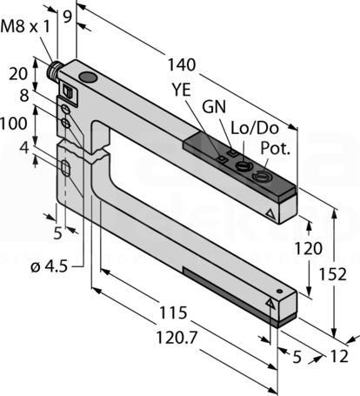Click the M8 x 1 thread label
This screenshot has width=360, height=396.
click(25, 27)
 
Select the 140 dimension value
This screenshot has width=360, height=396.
click(182, 64)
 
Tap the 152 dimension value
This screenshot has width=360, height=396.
click(333, 274)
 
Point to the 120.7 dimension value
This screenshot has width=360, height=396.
click(177, 338)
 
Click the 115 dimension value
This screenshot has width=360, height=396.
click(173, 312)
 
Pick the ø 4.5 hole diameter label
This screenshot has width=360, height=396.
click(50, 266)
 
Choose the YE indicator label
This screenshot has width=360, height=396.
click(182, 90)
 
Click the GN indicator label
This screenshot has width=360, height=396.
click(214, 107)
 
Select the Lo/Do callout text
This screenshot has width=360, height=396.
click(255, 128)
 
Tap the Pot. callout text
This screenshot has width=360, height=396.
click(276, 148)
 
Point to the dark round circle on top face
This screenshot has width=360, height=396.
click(88, 77)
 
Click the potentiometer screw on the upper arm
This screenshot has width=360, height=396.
click(261, 176)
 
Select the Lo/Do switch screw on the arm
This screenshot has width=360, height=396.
click(242, 165)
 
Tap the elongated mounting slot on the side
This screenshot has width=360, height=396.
click(66, 168)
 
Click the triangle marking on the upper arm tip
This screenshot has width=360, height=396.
click(270, 214)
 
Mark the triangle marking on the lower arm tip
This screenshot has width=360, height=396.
click(270, 303)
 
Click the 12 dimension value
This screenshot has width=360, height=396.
click(339, 356)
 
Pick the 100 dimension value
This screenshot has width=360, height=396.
click(14, 124)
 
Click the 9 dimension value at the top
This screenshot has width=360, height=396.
click(67, 17)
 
